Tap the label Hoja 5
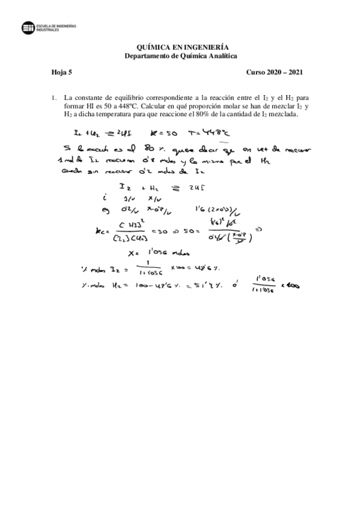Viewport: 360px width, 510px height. (61, 73)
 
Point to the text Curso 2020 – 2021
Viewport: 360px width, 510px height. (274, 73)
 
